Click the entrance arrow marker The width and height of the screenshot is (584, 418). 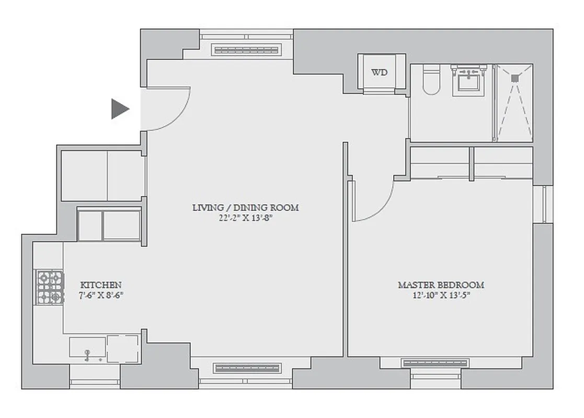(x=119, y=109)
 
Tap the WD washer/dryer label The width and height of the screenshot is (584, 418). (x=380, y=73)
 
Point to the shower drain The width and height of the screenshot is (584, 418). (x=514, y=78)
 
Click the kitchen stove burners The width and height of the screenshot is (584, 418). (x=50, y=287)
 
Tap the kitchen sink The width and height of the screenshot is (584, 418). (x=87, y=349)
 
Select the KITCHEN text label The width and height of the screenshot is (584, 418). (x=101, y=285)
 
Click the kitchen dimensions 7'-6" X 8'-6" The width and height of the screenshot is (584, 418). (x=101, y=295)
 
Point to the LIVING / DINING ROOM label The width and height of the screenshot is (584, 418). (x=246, y=208)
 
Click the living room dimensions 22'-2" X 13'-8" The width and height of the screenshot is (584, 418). (x=246, y=218)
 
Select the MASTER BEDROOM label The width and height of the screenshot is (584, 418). (x=441, y=285)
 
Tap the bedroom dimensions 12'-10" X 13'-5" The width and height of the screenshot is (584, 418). (x=441, y=296)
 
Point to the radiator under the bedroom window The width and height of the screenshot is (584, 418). (x=435, y=363)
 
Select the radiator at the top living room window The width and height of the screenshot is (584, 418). (x=246, y=50)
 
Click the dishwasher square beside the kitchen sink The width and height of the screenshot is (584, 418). (x=123, y=349)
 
